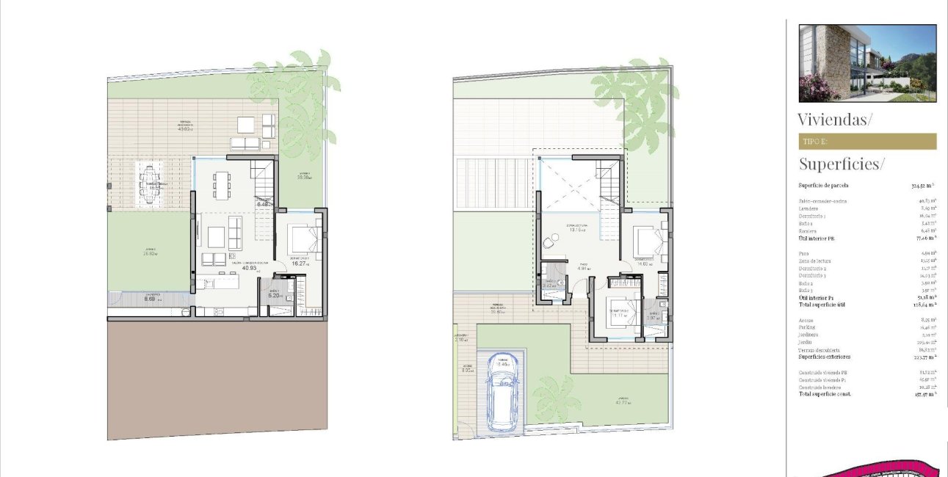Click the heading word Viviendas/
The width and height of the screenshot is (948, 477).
click(835, 120)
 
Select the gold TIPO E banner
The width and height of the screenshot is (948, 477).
click(867, 141)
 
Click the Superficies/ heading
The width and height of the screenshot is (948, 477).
click(842, 164)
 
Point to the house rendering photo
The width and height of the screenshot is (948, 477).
click(867, 63)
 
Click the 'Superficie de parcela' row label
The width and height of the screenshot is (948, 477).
click(824, 186)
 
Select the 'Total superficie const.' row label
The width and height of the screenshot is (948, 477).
click(829, 394)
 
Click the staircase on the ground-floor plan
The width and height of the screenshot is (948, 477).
click(264, 187)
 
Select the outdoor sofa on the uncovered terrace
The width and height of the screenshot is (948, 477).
click(245, 143)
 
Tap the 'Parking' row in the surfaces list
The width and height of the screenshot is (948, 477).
click(808, 327)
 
